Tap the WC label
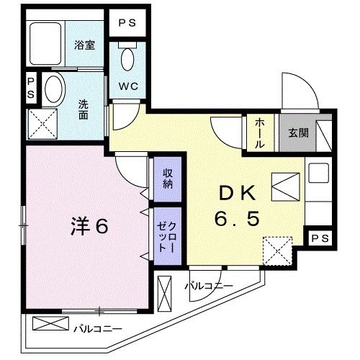pyautogui.click(x=127, y=85)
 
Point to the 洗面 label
pyautogui.click(x=84, y=108)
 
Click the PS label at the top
pyautogui.click(x=127, y=22)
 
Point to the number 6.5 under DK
pyautogui.click(x=235, y=218)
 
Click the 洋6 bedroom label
pyautogui.click(x=89, y=226)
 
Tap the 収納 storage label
pyautogui.click(x=166, y=177)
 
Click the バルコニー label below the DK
pyautogui.click(x=208, y=286)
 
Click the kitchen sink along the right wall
pyautogui.click(x=318, y=175)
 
